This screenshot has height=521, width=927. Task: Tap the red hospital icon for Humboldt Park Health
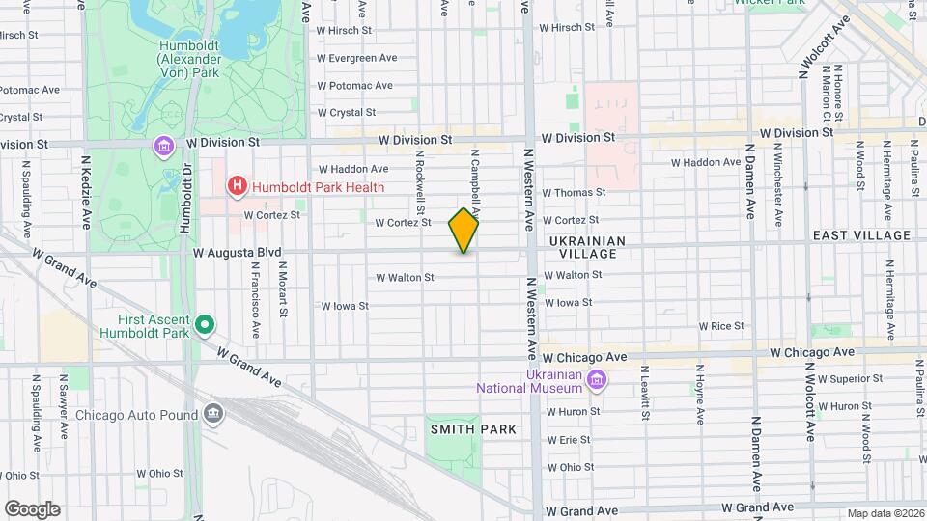[x=236, y=186]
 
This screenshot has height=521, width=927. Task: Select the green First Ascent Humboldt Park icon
[x=204, y=326]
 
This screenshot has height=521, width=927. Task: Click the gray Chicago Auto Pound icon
[x=213, y=415]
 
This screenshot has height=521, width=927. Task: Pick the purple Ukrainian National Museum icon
[x=597, y=380]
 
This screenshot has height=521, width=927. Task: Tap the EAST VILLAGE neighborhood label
[x=861, y=235]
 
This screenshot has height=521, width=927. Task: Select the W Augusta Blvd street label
[x=238, y=253]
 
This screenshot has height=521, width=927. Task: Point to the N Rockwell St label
[x=421, y=181]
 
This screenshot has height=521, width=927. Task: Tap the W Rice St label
[x=720, y=327]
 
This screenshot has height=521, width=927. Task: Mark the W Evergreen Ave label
[x=357, y=58]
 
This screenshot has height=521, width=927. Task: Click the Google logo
[x=32, y=508]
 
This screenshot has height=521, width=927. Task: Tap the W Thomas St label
[x=574, y=193]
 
